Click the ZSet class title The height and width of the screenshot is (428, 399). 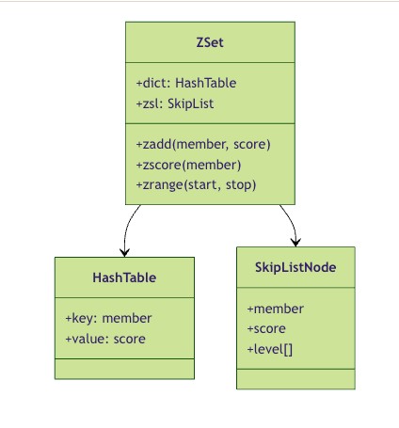210,42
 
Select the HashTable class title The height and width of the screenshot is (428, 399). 124,277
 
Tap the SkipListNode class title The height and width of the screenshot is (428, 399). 295,267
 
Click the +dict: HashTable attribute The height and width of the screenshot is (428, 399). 186,83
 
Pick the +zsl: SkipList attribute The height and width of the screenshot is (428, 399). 175,103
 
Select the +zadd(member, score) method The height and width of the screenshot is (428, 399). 203,144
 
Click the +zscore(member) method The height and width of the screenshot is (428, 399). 188,165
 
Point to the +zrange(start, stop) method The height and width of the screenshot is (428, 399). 196,185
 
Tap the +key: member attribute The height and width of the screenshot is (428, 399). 108,319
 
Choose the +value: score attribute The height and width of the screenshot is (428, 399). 105,339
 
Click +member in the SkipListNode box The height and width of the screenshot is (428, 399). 276,309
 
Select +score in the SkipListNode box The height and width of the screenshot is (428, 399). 266,329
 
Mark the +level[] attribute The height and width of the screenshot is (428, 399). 270,349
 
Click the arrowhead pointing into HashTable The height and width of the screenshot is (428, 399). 125,253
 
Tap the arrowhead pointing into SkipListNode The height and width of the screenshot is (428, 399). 295,243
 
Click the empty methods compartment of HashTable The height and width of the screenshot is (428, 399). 124,369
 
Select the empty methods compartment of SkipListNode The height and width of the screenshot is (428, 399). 295,379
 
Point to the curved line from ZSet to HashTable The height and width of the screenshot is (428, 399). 127,228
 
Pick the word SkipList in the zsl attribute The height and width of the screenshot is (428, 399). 191,103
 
